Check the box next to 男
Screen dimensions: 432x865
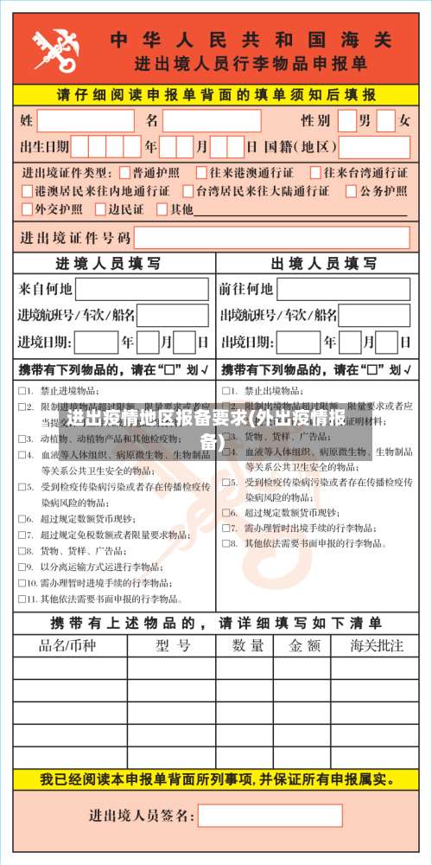(x=346, y=120)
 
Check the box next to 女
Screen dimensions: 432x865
(x=385, y=120)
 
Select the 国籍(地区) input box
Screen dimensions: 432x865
(x=372, y=146)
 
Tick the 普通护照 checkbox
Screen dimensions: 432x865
(x=126, y=173)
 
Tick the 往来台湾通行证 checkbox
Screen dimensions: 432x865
(x=316, y=173)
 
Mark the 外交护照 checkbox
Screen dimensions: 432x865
(x=28, y=208)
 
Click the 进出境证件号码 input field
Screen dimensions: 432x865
(x=271, y=237)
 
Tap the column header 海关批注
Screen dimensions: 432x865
(x=377, y=645)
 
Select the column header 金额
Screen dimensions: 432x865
(x=304, y=645)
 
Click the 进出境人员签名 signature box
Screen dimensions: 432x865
(x=270, y=815)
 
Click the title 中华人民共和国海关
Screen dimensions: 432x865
(x=251, y=40)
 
